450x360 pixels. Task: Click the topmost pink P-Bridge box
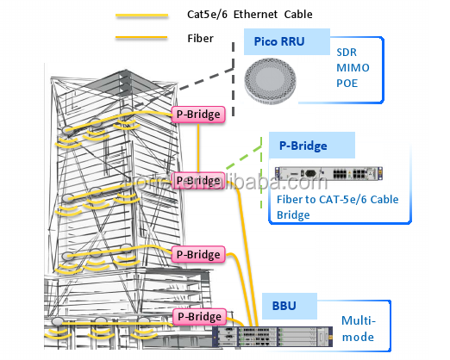(x=198, y=115)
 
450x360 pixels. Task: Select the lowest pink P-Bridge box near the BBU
(x=199, y=317)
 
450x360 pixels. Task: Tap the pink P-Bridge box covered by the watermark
(x=198, y=181)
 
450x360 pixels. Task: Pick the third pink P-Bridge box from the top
(x=198, y=255)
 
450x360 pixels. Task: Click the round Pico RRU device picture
(x=270, y=81)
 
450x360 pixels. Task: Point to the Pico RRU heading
(x=279, y=41)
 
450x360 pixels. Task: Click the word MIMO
(x=353, y=68)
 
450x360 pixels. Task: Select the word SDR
(x=347, y=53)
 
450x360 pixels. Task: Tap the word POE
(x=347, y=84)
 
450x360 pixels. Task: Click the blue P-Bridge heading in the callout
(x=303, y=146)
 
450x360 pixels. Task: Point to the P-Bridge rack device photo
(x=328, y=173)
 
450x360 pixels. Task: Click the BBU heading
(x=284, y=306)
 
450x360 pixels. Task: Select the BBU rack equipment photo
(x=272, y=337)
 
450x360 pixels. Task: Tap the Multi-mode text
(x=359, y=329)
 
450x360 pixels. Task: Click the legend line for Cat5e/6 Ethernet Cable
(x=141, y=16)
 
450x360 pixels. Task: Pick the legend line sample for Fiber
(x=141, y=37)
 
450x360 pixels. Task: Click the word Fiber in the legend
(x=200, y=39)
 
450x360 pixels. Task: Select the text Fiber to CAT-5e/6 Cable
(x=338, y=200)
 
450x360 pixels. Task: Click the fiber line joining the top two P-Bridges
(x=198, y=148)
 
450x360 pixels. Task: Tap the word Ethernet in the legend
(x=255, y=15)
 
